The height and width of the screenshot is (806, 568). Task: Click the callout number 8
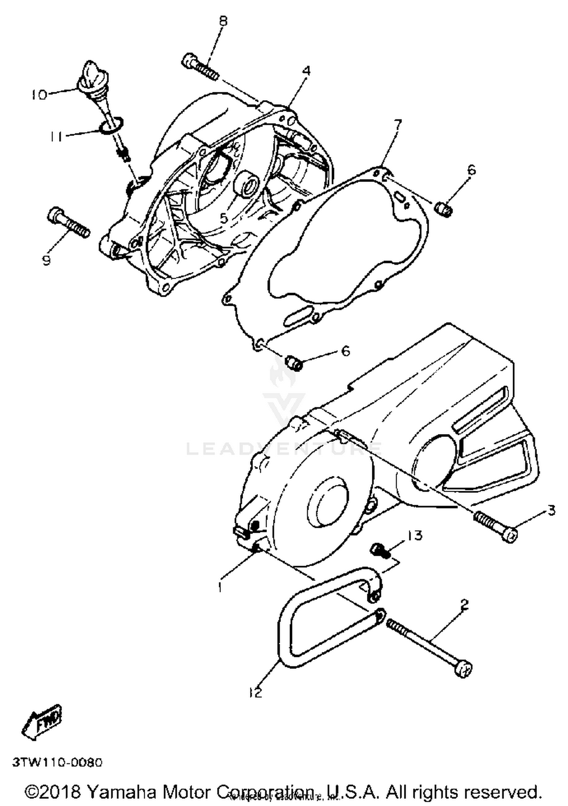pyautogui.click(x=223, y=21)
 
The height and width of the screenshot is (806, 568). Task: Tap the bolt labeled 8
pyautogui.click(x=200, y=67)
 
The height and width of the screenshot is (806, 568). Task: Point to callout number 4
pyautogui.click(x=306, y=71)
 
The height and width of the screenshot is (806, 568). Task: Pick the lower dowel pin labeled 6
pyautogui.click(x=294, y=363)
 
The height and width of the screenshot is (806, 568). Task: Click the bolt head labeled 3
pyautogui.click(x=510, y=535)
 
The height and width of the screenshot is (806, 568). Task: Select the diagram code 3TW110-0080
pyautogui.click(x=58, y=762)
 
